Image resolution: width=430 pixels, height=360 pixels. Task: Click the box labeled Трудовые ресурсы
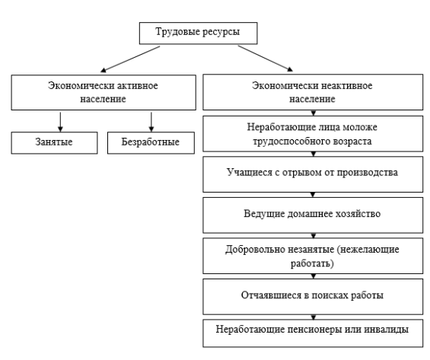click(x=199, y=33)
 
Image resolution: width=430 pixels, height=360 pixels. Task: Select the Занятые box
click(x=54, y=143)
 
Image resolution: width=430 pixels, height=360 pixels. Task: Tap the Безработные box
click(x=151, y=143)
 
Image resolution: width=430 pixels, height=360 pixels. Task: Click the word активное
click(x=138, y=85)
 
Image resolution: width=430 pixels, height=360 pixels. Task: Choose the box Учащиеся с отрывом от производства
click(x=313, y=174)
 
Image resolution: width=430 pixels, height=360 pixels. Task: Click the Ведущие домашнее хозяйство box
click(x=313, y=215)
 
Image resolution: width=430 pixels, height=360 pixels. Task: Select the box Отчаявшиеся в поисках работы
click(x=313, y=297)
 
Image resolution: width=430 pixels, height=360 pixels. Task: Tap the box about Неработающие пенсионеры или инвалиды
click(x=313, y=333)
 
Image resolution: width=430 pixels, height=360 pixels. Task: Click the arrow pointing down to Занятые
click(x=60, y=122)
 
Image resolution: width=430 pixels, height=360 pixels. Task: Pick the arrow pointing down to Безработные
click(x=151, y=122)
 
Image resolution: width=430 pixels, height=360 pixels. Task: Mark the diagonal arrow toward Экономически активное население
click(x=130, y=59)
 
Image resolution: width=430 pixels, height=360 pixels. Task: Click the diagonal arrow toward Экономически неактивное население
click(x=265, y=59)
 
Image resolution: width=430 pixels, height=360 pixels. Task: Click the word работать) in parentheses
click(x=312, y=264)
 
